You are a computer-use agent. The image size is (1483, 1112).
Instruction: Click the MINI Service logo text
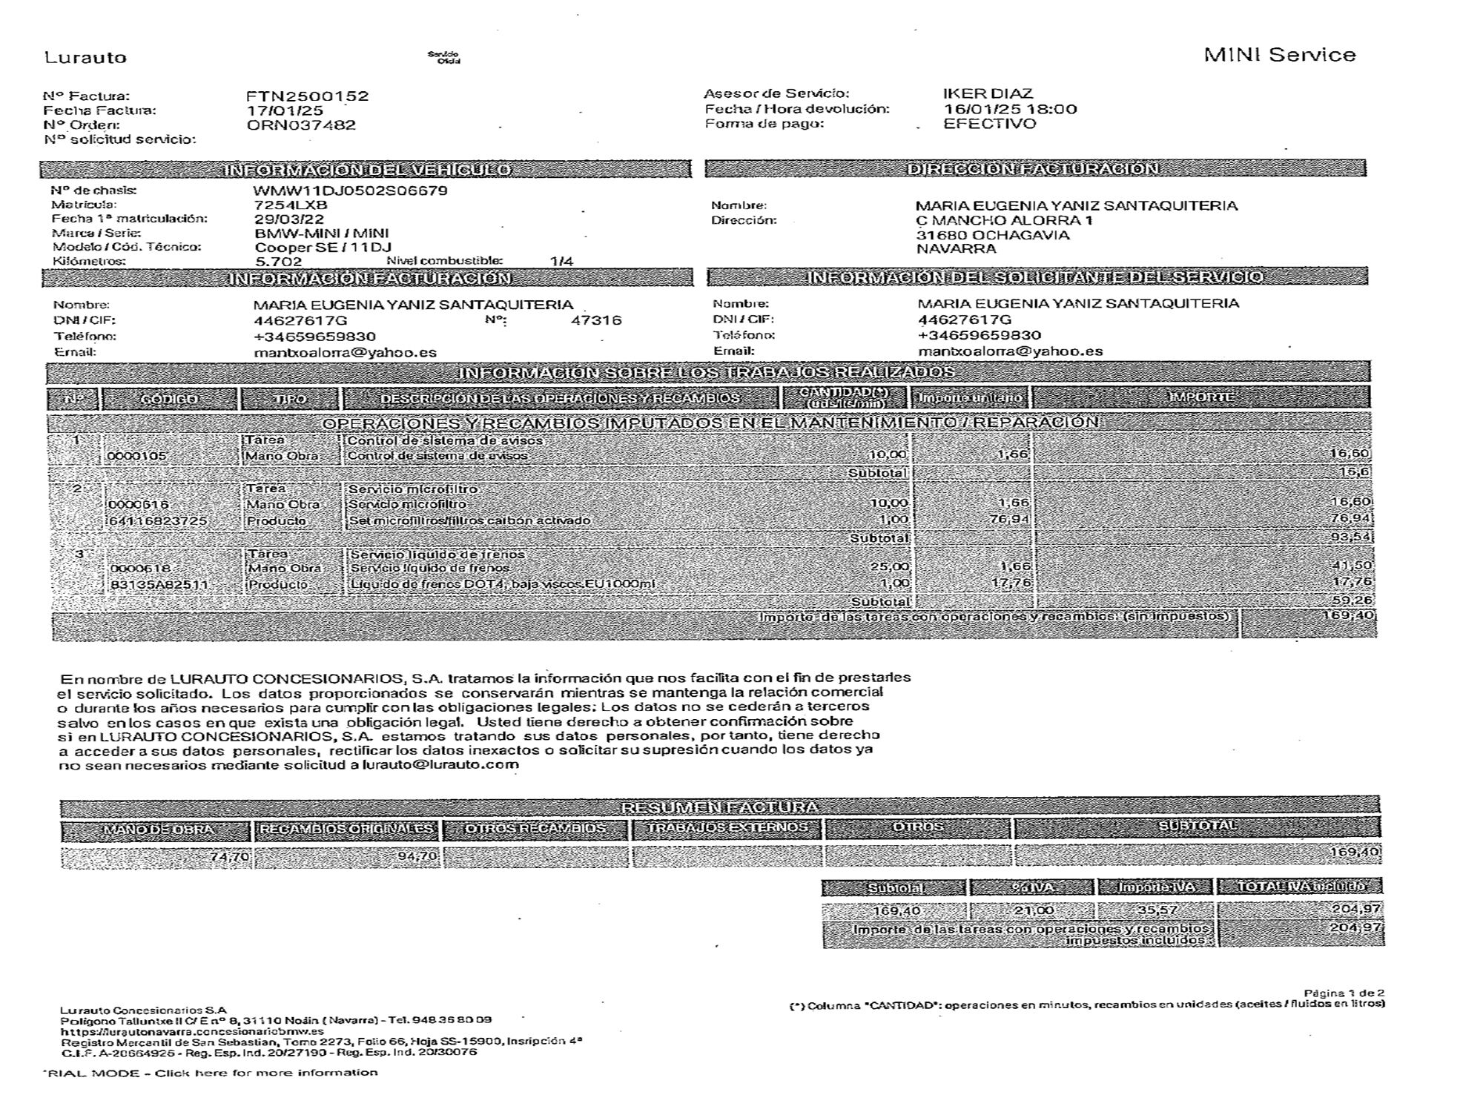click(1280, 55)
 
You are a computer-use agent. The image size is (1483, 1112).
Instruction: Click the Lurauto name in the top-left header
click(85, 58)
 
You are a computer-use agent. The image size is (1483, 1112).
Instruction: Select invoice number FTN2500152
click(307, 96)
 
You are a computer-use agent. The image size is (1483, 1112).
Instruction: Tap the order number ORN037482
click(301, 125)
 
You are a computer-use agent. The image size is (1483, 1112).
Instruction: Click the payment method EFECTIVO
click(989, 124)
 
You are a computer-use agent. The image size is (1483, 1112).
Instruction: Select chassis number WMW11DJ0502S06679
click(351, 191)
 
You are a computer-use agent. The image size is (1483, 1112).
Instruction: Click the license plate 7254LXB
click(291, 205)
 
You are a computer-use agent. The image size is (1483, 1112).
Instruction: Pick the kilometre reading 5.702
click(278, 262)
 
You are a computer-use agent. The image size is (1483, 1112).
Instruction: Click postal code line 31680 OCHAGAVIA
click(993, 235)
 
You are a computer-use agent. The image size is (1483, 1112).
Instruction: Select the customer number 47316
click(596, 320)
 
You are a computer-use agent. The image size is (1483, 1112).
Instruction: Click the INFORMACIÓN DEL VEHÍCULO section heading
click(367, 170)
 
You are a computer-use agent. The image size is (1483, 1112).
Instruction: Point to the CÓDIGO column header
click(170, 399)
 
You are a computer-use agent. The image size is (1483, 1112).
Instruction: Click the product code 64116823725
click(158, 521)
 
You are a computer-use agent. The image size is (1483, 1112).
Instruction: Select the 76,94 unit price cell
click(1009, 519)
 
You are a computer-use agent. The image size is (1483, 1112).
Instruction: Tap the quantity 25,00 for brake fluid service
click(889, 567)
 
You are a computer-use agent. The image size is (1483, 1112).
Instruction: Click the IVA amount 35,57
click(1157, 910)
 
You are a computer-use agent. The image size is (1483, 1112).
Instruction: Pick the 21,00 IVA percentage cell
click(1033, 910)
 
